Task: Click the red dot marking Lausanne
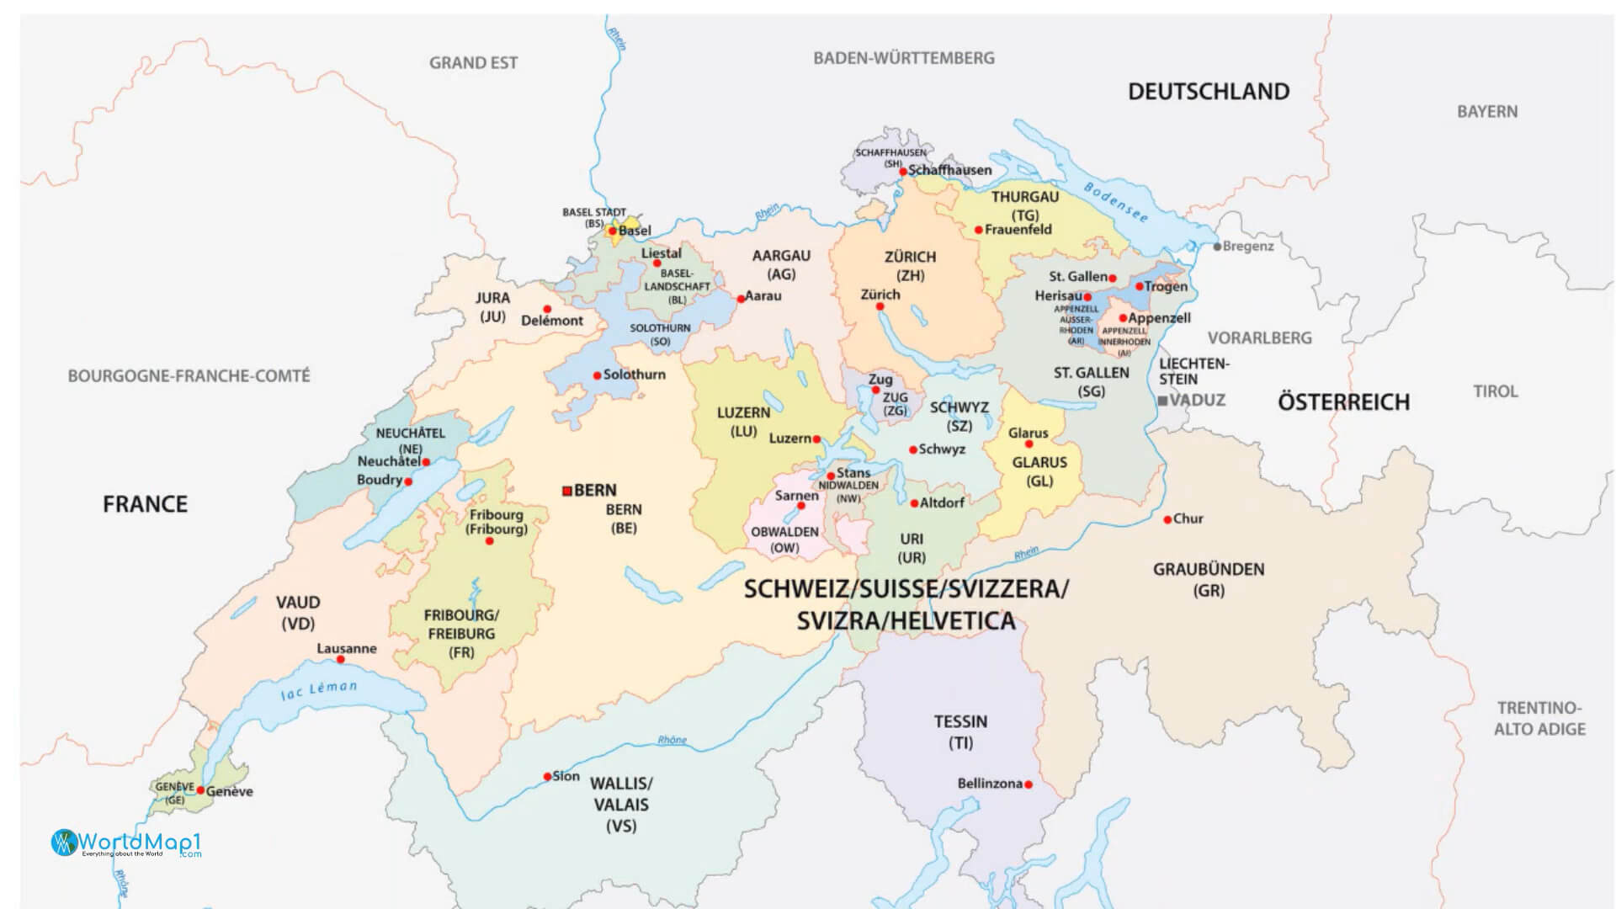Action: click(340, 659)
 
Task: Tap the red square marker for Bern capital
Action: click(567, 491)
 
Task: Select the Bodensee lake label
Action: click(1115, 202)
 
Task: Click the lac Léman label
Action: click(319, 690)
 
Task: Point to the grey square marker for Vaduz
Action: click(1162, 401)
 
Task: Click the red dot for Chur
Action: click(1167, 519)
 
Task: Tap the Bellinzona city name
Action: click(990, 784)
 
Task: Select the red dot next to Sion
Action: click(547, 777)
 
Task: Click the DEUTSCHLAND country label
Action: click(1209, 92)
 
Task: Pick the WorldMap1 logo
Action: click(126, 843)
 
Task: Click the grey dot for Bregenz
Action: click(1217, 247)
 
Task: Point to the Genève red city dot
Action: click(200, 790)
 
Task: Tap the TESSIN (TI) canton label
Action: click(960, 731)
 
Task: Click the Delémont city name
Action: click(552, 321)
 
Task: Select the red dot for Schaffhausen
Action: click(903, 171)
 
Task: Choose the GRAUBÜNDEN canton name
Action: click(1209, 570)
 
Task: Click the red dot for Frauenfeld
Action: click(978, 230)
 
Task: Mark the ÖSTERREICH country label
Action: click(1343, 402)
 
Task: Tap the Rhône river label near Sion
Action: click(672, 740)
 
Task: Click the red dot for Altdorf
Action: click(914, 503)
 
